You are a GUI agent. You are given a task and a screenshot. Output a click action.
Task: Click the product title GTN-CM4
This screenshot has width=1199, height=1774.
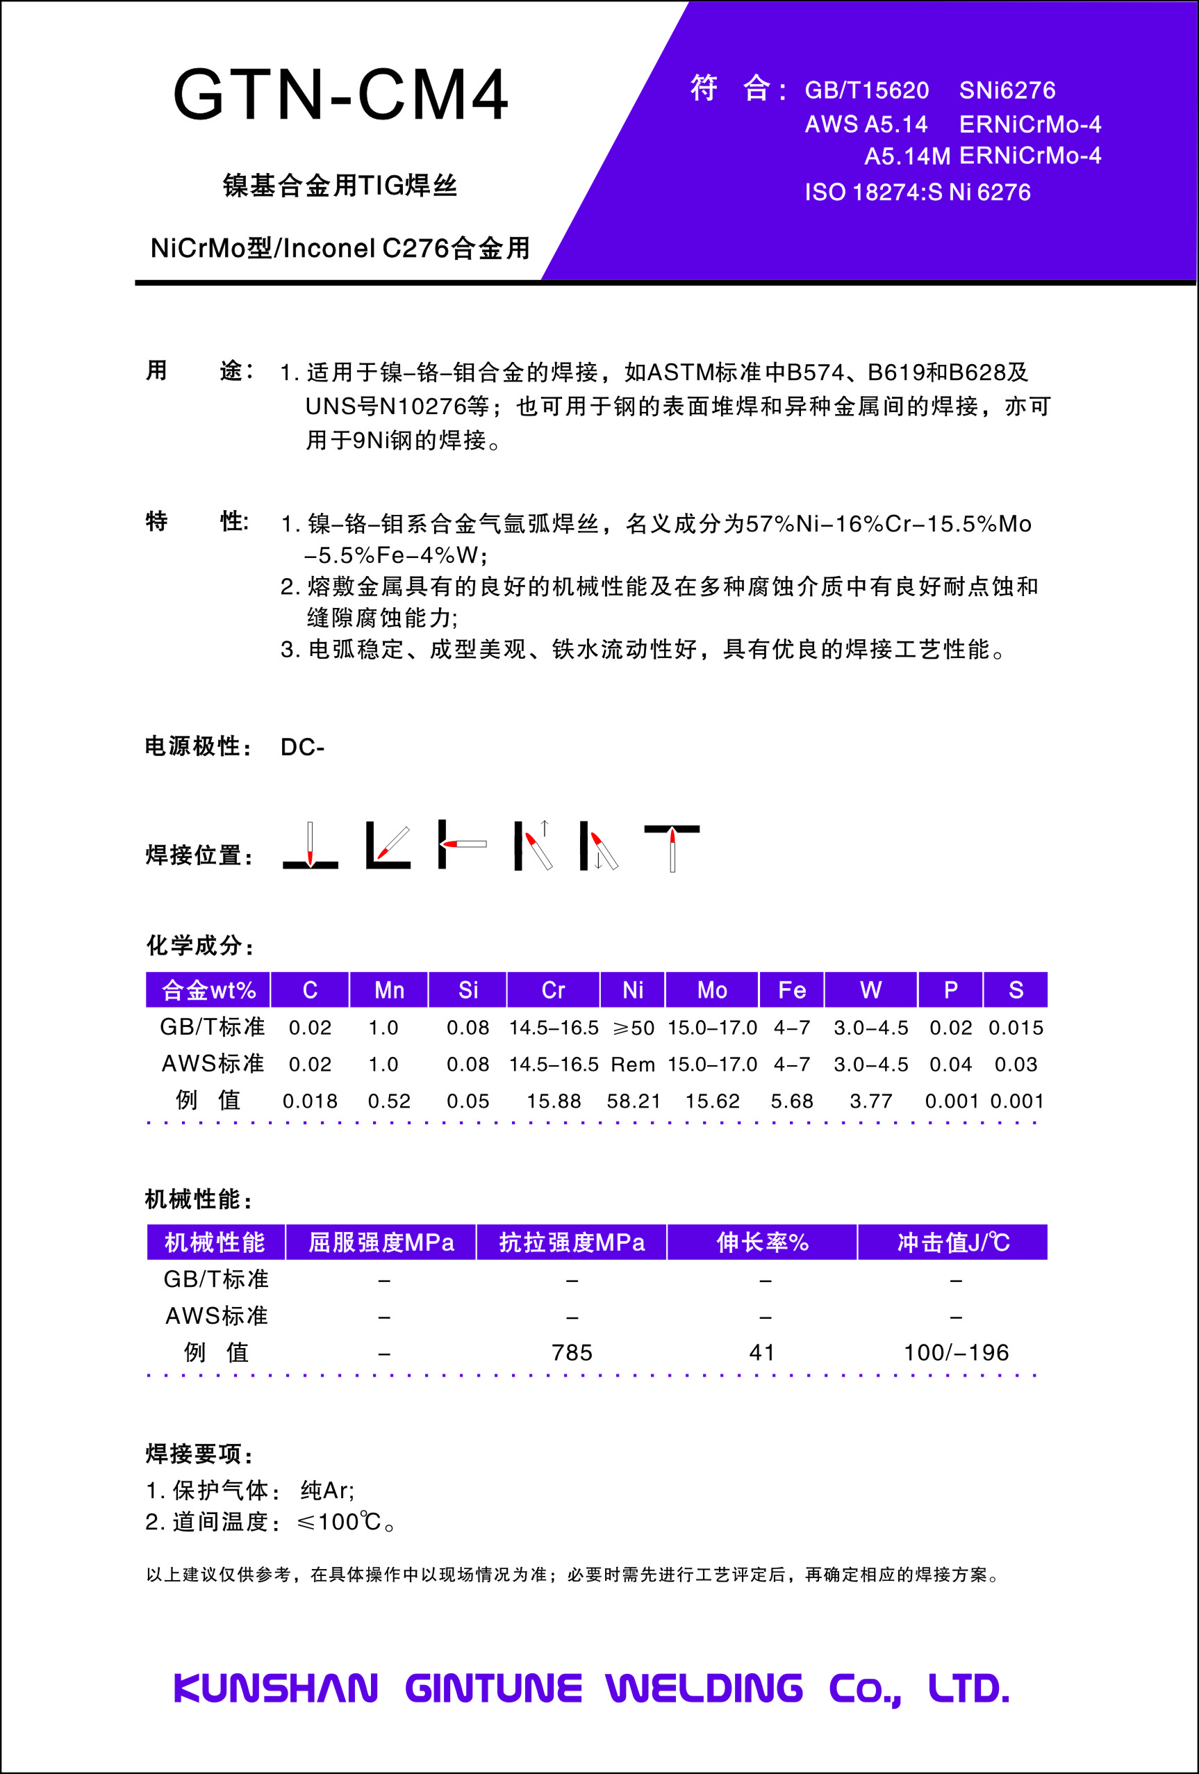tap(340, 95)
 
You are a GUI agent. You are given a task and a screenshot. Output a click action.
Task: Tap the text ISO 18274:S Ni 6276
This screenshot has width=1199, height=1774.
tap(918, 192)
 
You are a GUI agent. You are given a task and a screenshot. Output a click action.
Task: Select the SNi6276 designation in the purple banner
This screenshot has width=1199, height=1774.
tap(1007, 90)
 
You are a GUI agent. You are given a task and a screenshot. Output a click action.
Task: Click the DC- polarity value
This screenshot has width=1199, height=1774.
tap(302, 746)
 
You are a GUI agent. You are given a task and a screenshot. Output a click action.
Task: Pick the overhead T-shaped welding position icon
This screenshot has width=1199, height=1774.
tap(672, 846)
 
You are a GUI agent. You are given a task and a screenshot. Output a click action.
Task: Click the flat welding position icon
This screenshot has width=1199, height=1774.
tap(310, 846)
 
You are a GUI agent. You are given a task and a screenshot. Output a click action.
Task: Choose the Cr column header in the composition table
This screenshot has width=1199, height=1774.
tap(554, 990)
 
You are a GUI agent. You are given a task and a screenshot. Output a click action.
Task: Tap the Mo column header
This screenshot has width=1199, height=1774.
tap(712, 990)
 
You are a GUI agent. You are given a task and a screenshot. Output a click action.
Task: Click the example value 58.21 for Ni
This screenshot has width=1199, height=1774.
tap(633, 1101)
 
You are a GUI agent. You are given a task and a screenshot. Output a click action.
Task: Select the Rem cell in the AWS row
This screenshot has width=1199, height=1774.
tap(633, 1064)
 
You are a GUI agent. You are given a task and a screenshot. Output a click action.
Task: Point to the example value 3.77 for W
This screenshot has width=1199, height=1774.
tap(871, 1101)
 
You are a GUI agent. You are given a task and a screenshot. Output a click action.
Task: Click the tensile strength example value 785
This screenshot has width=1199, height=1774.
tap(572, 1353)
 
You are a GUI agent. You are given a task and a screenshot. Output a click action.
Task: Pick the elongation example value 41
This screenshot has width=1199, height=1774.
tap(761, 1353)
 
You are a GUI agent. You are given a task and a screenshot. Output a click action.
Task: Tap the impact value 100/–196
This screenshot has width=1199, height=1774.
tap(956, 1353)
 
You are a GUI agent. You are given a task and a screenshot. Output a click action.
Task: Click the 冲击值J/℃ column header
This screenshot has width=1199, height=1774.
tap(952, 1242)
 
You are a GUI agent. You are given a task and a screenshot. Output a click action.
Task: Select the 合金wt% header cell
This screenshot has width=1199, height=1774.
tap(208, 990)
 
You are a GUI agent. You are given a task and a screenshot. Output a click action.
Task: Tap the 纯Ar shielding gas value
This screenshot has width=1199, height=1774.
tap(326, 1490)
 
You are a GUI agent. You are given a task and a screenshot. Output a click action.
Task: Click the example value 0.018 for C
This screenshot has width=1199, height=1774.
tap(310, 1101)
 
